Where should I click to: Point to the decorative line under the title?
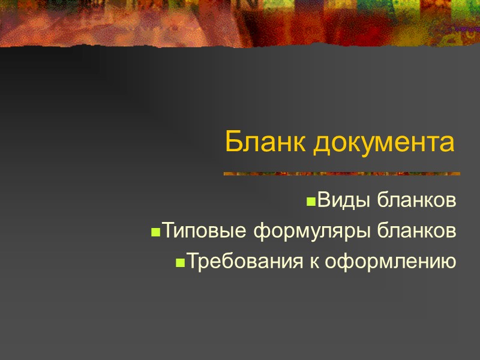341,174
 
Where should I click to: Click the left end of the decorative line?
226,174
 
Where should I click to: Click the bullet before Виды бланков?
311,202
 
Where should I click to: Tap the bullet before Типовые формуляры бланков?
155,232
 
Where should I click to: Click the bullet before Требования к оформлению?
179,263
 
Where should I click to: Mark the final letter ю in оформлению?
448,262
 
